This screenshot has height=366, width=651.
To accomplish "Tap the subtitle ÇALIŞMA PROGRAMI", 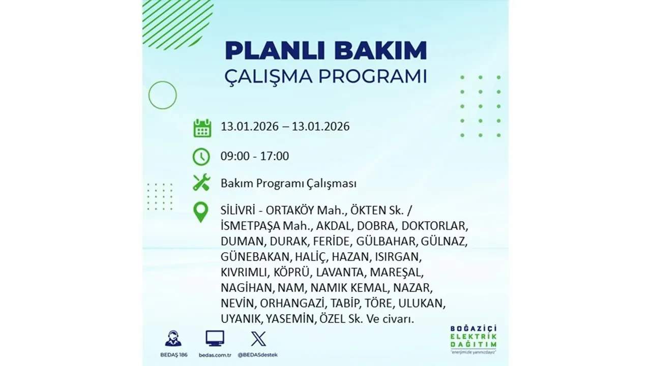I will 325,77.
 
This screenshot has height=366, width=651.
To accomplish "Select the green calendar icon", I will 202,128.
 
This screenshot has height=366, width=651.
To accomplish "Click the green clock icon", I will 201,156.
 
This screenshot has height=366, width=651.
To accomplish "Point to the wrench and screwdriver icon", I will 201,182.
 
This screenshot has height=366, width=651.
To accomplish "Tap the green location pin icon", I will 201,212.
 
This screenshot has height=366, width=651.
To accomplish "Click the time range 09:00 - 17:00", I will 254,156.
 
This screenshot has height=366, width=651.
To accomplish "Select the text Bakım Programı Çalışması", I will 288,183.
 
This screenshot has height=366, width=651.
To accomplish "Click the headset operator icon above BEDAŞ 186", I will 173,339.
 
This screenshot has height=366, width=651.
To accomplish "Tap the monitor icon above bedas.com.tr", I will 215,339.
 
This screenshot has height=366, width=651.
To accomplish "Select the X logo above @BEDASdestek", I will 258,339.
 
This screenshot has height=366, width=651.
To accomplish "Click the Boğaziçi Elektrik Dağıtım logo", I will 474,338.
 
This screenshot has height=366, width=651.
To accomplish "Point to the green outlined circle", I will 162,95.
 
